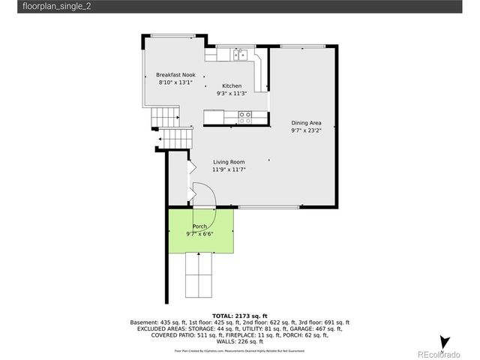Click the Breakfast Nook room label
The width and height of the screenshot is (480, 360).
(175, 75)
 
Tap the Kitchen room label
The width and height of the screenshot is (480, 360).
(231, 86)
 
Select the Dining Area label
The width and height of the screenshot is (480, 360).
(306, 123)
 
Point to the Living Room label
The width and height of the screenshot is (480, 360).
(229, 162)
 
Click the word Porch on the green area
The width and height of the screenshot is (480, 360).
(199, 226)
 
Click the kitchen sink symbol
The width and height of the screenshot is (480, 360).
(241, 54)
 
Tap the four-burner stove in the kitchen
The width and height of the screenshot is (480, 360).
(244, 117)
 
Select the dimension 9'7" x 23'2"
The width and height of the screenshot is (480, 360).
(306, 130)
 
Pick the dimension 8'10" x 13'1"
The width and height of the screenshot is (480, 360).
(175, 82)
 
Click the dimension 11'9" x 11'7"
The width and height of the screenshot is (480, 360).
(229, 169)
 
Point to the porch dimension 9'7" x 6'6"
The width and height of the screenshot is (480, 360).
(199, 234)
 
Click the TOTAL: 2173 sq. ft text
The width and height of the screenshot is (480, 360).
(239, 316)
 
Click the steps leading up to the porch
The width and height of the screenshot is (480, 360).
(199, 275)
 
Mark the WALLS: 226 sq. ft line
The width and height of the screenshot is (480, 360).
(239, 341)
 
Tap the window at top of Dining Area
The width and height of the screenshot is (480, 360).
(302, 46)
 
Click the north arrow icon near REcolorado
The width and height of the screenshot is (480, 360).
(445, 342)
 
